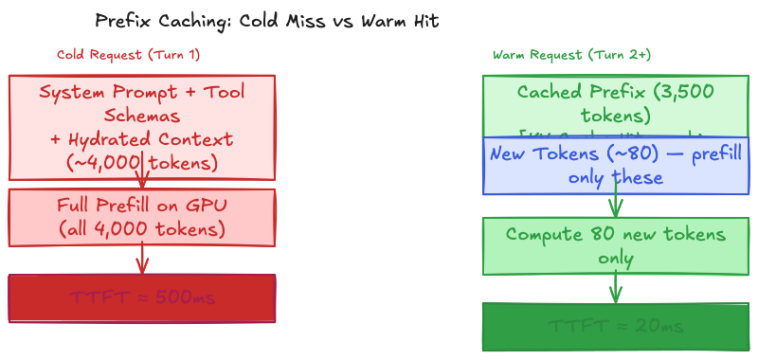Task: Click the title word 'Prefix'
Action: (x=120, y=20)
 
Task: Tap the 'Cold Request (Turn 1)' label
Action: (x=128, y=54)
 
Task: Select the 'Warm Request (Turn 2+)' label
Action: (x=571, y=54)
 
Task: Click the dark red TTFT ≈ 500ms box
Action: (x=142, y=298)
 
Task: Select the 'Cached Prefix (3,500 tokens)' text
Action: (x=615, y=103)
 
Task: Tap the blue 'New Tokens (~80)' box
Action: (x=616, y=166)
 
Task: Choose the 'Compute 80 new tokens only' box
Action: (x=616, y=245)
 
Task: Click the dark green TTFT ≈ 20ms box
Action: (x=616, y=328)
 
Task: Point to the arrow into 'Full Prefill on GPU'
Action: (x=142, y=180)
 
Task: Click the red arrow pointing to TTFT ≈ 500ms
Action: (x=142, y=259)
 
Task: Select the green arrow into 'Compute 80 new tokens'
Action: (x=616, y=204)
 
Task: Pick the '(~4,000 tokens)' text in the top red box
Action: (x=142, y=162)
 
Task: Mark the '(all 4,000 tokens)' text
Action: (x=142, y=228)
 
